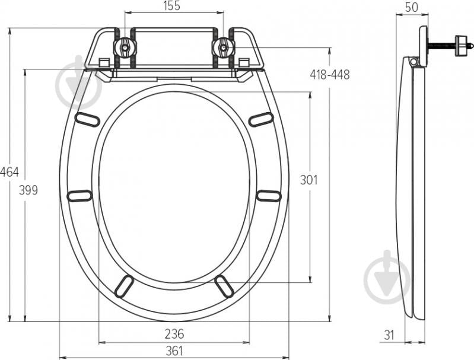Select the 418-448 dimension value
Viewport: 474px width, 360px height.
(329, 74)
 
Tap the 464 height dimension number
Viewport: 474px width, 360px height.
(9, 172)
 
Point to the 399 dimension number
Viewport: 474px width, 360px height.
(28, 190)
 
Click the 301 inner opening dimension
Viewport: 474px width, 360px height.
(308, 180)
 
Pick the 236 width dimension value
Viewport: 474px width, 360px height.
(174, 333)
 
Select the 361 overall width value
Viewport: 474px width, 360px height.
(174, 351)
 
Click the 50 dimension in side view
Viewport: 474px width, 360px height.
(411, 7)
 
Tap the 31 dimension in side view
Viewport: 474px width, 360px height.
(389, 334)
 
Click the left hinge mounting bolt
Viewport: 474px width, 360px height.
(125, 47)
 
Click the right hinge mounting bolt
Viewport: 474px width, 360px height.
(223, 47)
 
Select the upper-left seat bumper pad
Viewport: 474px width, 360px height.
(87, 119)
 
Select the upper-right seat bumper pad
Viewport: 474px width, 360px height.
(260, 119)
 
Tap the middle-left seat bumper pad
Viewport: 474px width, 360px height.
(79, 196)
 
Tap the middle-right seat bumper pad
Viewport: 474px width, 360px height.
(269, 196)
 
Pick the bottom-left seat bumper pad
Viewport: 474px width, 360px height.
(124, 286)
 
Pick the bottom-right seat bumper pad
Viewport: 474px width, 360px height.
(224, 286)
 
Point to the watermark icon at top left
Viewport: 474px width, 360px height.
(78, 83)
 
